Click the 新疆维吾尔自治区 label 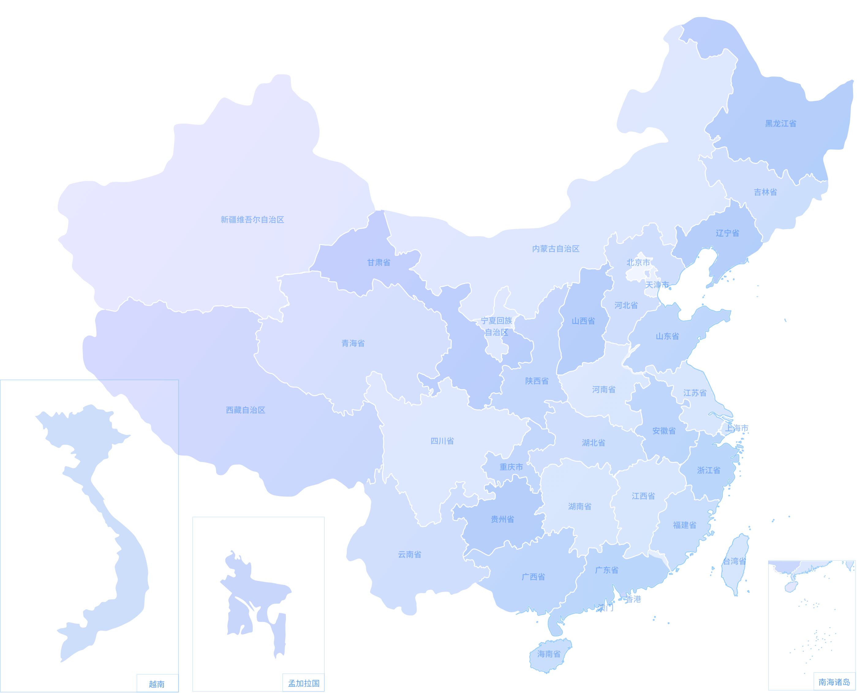click(252, 219)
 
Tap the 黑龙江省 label click(780, 124)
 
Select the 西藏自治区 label click(246, 410)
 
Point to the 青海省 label click(353, 343)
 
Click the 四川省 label click(442, 441)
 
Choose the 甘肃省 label click(379, 262)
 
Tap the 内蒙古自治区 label click(556, 249)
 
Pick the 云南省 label click(409, 554)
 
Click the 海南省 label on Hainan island click(549, 654)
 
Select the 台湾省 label click(734, 561)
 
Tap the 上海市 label click(737, 428)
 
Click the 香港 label click(633, 599)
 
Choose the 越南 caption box click(157, 684)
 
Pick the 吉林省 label click(765, 192)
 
